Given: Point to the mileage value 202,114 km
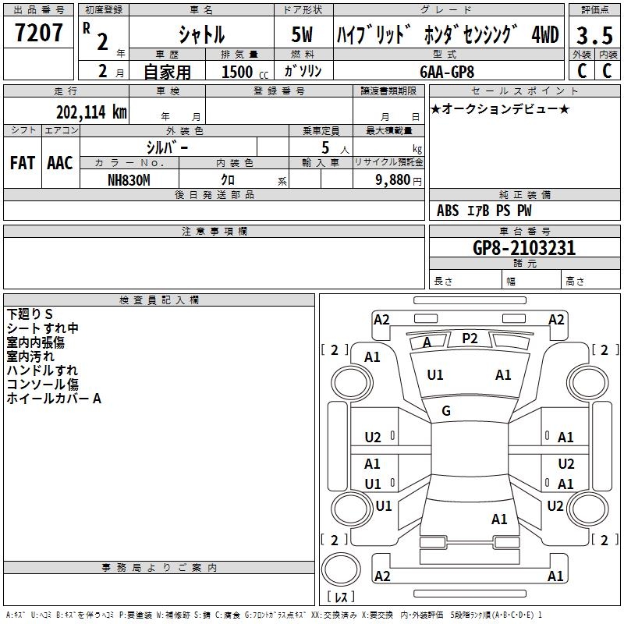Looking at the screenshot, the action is [91, 112].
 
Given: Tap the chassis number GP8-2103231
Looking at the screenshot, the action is [524, 248].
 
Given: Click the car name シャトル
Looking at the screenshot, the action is [201, 35].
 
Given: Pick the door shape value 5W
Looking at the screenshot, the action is [303, 35].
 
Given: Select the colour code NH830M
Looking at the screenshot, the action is [129, 179].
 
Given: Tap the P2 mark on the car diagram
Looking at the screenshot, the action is [470, 338].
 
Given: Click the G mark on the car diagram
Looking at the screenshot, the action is [446, 411].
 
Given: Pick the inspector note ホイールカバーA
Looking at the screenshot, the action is [54, 399].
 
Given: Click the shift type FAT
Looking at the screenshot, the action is [22, 163].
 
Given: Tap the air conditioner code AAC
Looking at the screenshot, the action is [59, 163].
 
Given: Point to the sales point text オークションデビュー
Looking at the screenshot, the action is [500, 108].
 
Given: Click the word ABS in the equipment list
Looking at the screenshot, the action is [448, 211].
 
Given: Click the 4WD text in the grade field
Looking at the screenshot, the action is [544, 35].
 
